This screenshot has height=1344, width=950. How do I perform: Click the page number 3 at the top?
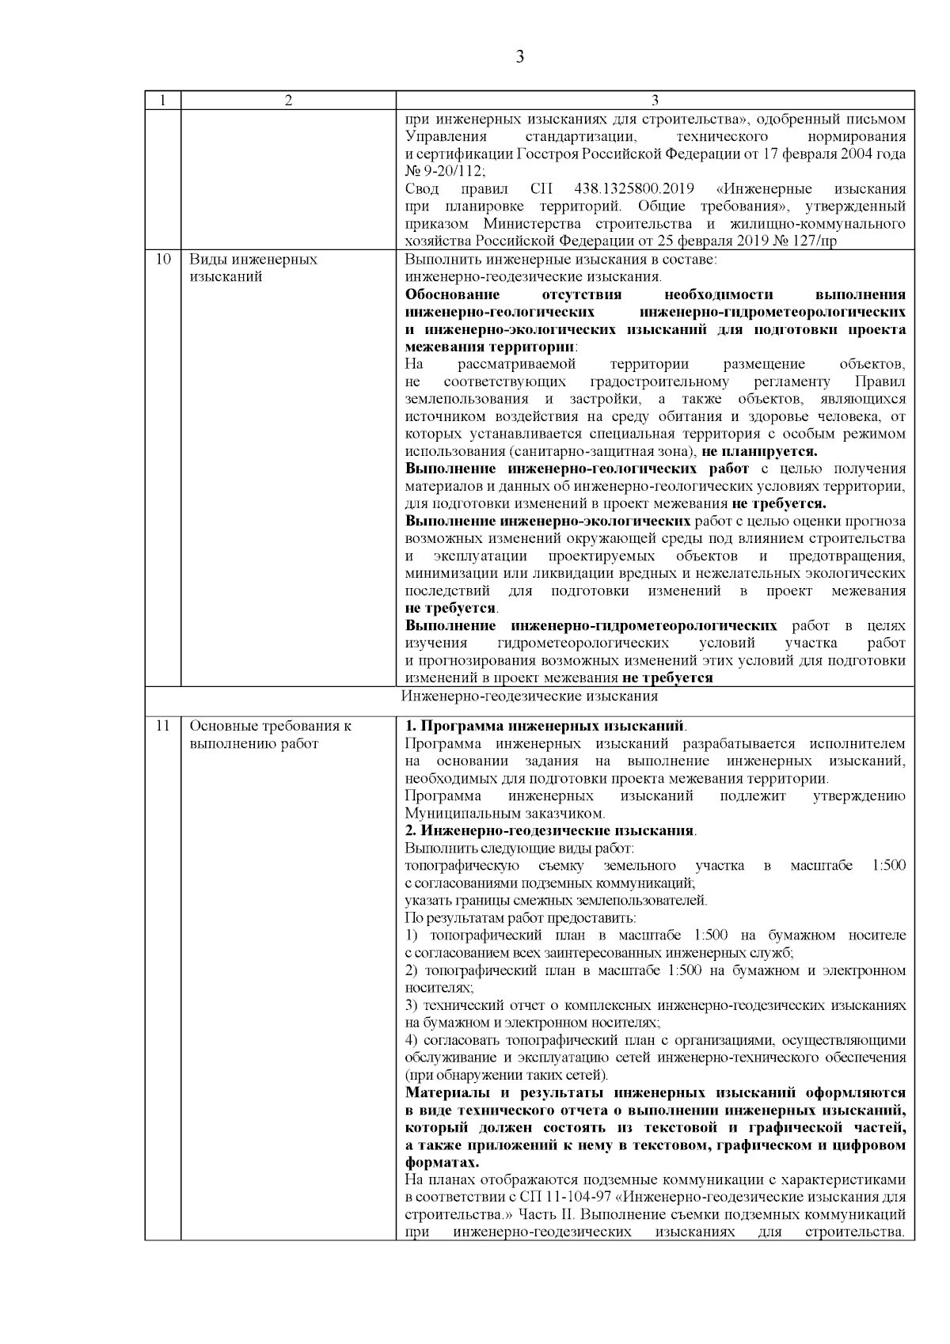519,56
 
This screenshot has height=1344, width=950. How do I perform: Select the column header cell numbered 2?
288,101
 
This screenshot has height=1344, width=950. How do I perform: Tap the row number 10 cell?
162,260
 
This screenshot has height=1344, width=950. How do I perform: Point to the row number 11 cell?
162,726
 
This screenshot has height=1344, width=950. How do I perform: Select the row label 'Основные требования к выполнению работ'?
270,735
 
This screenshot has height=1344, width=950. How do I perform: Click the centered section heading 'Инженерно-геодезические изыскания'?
529,697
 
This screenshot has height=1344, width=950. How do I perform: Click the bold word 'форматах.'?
442,1163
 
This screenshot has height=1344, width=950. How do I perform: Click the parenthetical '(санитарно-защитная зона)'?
602,451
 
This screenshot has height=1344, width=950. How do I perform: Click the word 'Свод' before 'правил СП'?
421,189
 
